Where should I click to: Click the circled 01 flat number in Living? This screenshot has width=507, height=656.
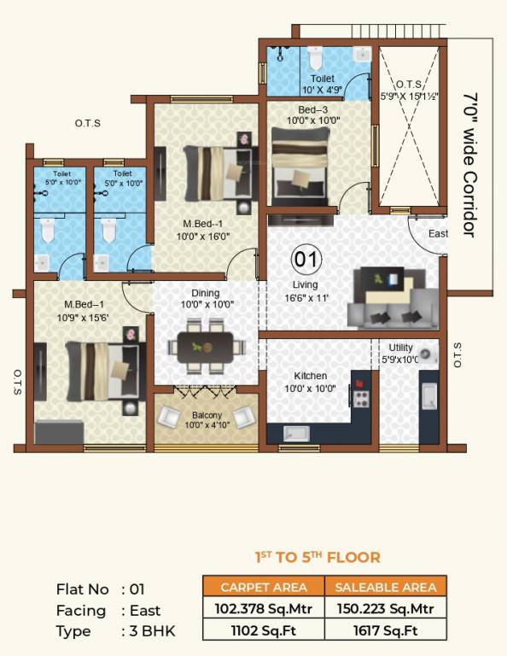pyautogui.click(x=306, y=258)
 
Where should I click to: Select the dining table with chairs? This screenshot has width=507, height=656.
pyautogui.click(x=204, y=347)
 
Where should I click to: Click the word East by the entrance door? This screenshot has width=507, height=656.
pyautogui.click(x=438, y=234)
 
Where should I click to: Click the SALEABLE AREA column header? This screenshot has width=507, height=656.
pyautogui.click(x=386, y=587)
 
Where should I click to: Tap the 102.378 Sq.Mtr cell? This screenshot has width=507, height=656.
pyautogui.click(x=263, y=608)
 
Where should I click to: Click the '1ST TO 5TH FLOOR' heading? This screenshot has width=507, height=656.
pyautogui.click(x=318, y=558)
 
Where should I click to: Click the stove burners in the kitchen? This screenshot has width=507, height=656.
pyautogui.click(x=361, y=397)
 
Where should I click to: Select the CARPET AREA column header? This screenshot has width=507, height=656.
pyautogui.click(x=263, y=587)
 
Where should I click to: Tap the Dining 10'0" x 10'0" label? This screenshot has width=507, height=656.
pyautogui.click(x=206, y=299)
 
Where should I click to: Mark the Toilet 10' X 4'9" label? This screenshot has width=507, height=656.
pyautogui.click(x=322, y=84)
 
